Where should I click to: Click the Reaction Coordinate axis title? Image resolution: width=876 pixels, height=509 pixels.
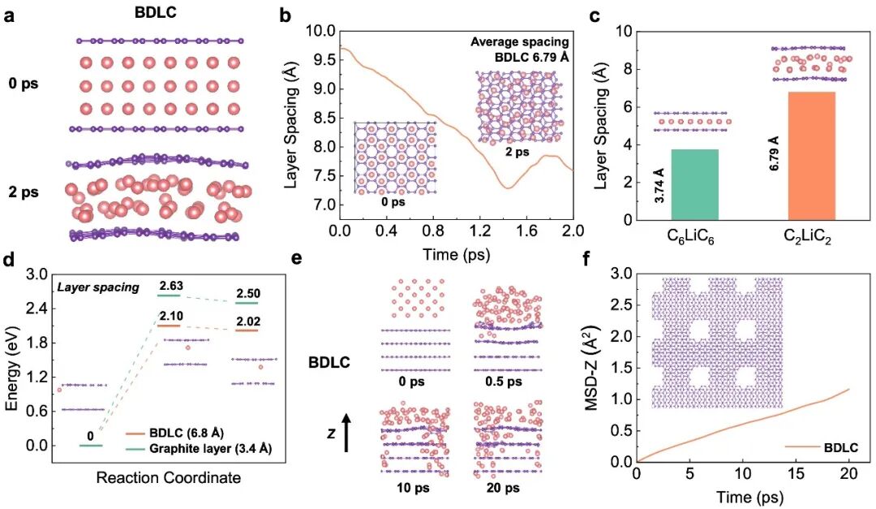pyautogui.click(x=168, y=478)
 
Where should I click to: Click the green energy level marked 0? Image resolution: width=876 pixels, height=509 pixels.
pyautogui.click(x=91, y=445)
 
